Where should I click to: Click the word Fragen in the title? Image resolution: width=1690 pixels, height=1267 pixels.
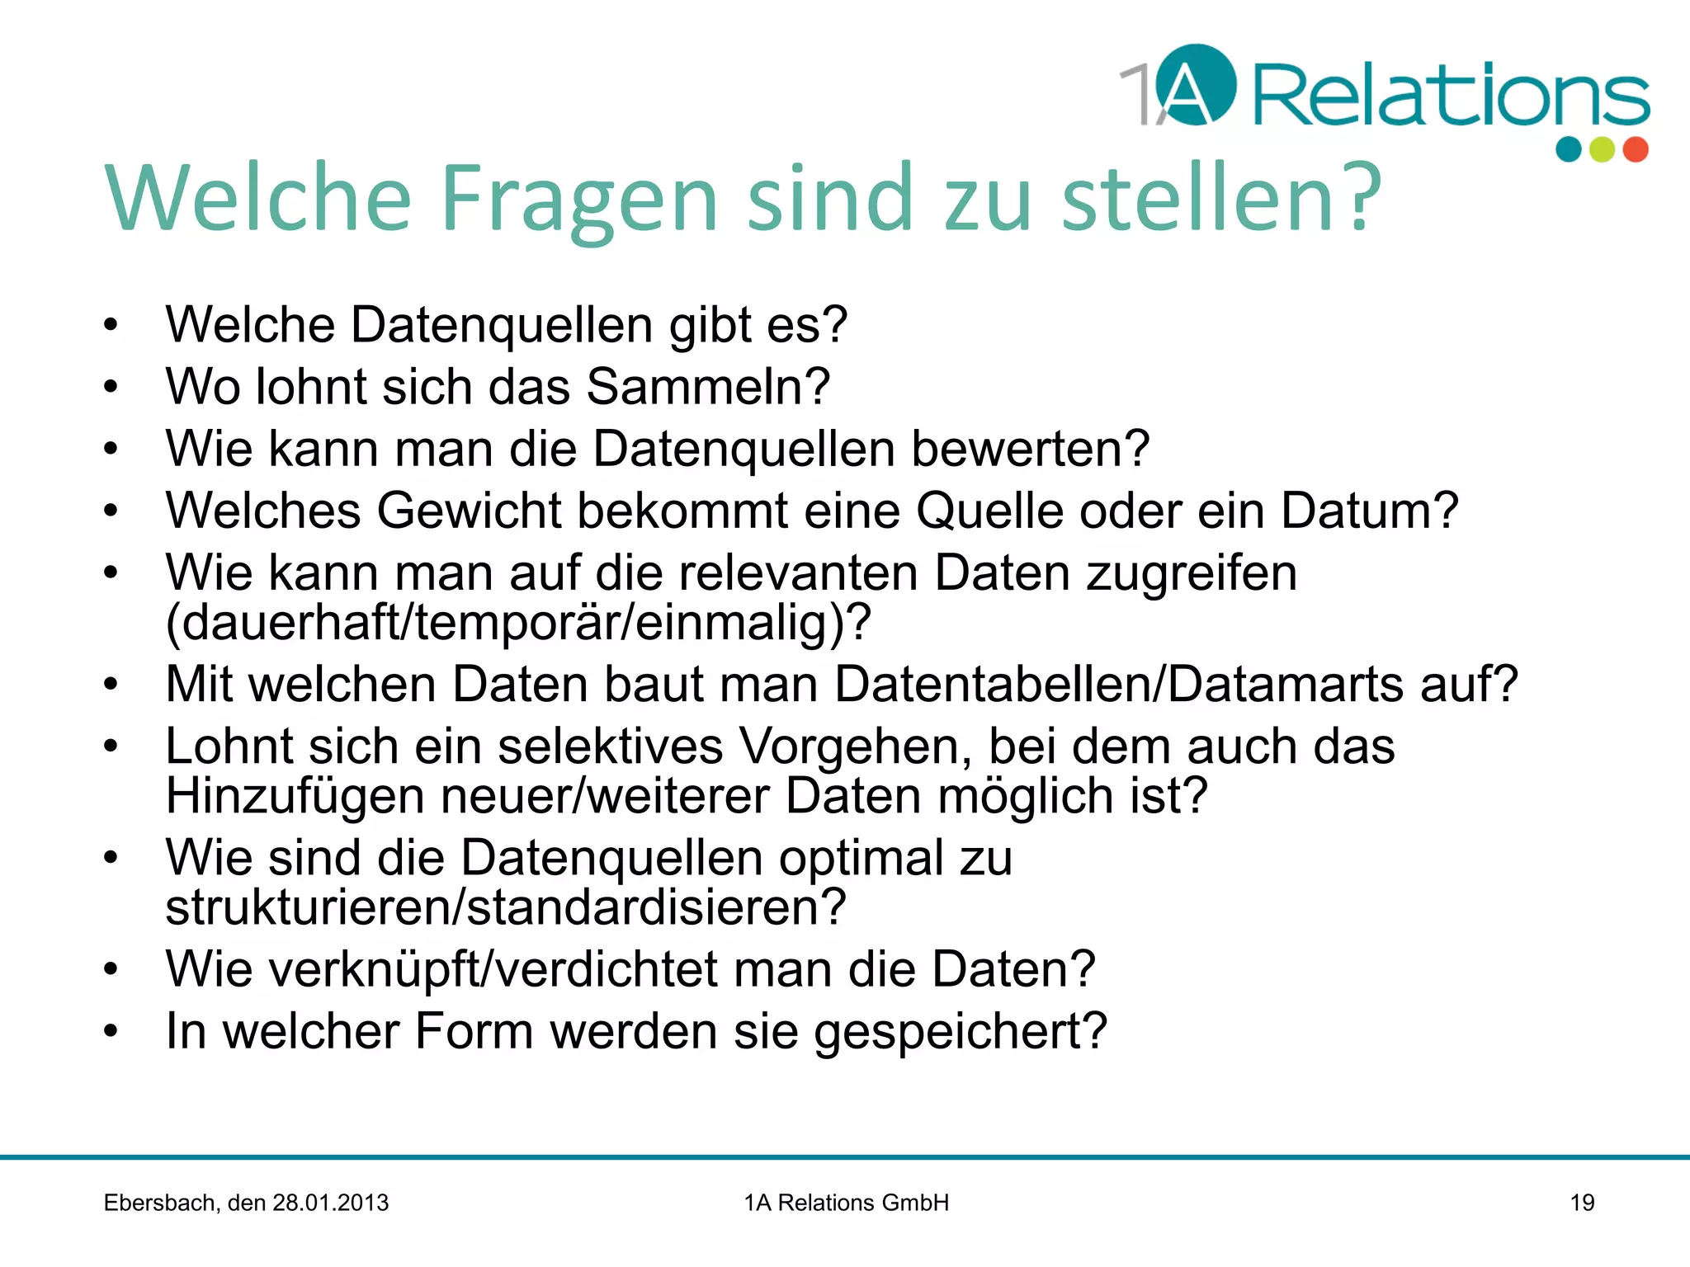580,199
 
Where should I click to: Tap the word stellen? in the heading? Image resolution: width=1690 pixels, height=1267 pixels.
1221,197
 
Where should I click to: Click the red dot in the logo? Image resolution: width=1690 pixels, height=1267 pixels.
1636,149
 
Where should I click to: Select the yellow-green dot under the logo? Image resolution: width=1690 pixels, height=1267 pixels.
1602,149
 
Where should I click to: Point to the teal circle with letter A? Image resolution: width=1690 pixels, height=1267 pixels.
1196,85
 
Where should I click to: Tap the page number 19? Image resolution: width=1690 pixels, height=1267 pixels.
1582,1203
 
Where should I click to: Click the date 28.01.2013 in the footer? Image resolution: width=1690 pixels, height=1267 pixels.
330,1203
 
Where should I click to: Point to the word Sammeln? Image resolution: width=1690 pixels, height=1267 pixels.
708,386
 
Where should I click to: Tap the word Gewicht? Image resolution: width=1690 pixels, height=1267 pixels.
470,511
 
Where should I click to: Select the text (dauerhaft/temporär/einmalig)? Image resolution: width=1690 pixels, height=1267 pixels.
518,622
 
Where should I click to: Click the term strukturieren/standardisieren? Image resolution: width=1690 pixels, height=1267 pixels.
506,907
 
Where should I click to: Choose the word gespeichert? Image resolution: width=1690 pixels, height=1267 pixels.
961,1031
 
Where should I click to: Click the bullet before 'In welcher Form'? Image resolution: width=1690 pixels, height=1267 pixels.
111,1031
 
